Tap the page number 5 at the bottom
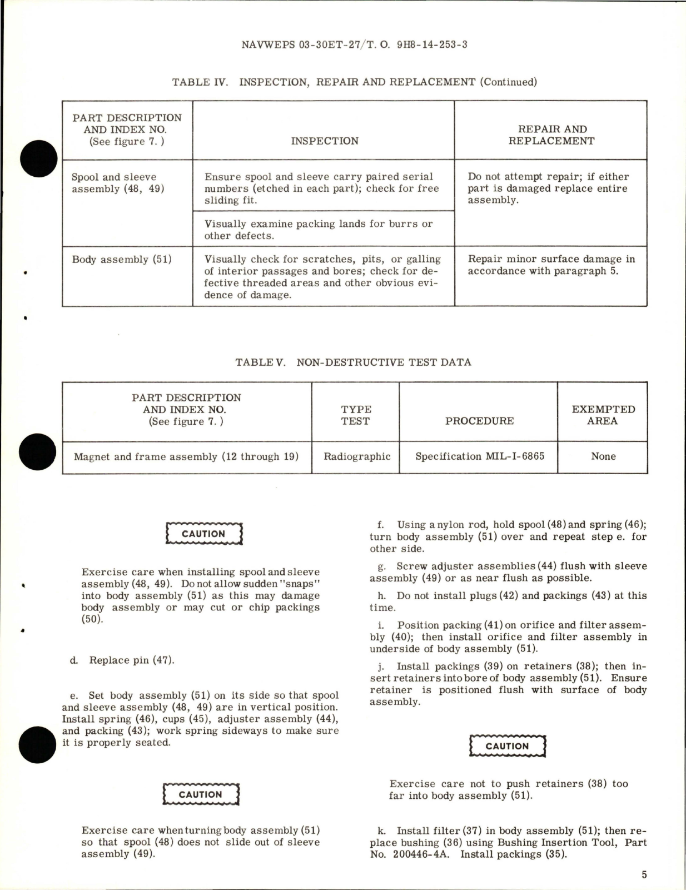pyautogui.click(x=644, y=874)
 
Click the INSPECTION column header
pyautogui.click(x=325, y=141)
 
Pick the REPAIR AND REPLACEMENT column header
pyautogui.click(x=551, y=135)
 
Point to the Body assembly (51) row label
pyautogui.click(x=122, y=260)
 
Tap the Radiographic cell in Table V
pyautogui.click(x=357, y=456)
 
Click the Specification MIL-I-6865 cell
pyautogui.click(x=480, y=456)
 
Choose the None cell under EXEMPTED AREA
pyautogui.click(x=603, y=456)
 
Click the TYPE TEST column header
pyautogui.click(x=356, y=415)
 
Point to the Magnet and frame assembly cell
pyautogui.click(x=186, y=457)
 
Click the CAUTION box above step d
pyautogui.click(x=204, y=534)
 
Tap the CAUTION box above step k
pyautogui.click(x=507, y=747)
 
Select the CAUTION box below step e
pyautogui.click(x=201, y=795)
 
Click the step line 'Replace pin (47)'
pyautogui.click(x=122, y=660)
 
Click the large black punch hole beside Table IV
pyautogui.click(x=38, y=159)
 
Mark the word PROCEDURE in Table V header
pyautogui.click(x=479, y=421)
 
